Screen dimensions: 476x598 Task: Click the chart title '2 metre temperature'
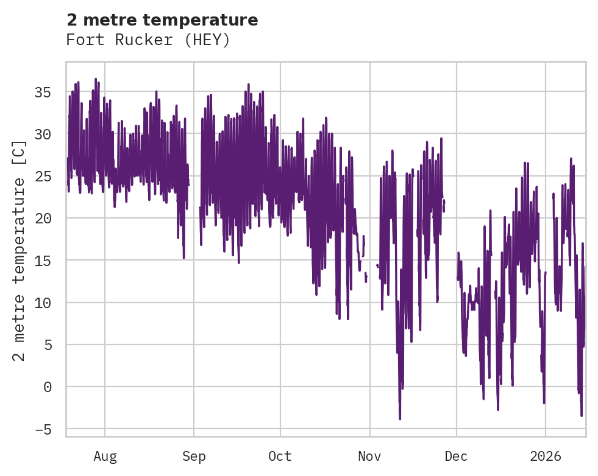(x=162, y=20)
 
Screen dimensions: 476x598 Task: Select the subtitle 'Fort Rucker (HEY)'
(x=148, y=40)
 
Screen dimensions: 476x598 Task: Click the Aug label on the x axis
(x=105, y=456)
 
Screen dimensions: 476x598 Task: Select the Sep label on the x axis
(x=194, y=456)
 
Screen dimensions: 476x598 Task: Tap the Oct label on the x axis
(x=280, y=456)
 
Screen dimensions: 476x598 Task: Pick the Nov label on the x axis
(x=369, y=456)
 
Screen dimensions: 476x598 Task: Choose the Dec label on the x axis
(x=456, y=456)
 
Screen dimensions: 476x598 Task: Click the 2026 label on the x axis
(x=545, y=456)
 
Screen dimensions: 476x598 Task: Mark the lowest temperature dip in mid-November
(x=400, y=418)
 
